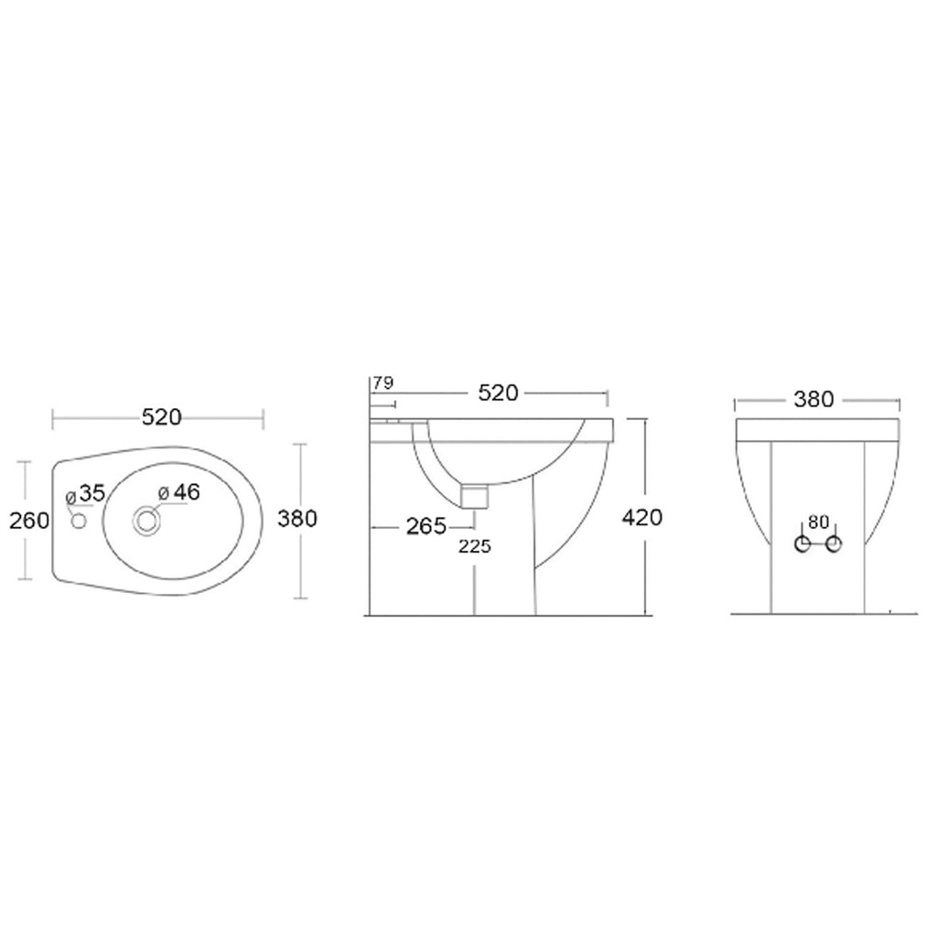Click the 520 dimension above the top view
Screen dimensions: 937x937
tap(161, 417)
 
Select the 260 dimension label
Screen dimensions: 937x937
tap(27, 520)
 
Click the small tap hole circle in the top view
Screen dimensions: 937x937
tap(78, 522)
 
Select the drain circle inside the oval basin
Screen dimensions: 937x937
tap(145, 521)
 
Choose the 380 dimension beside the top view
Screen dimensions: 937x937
tap(296, 518)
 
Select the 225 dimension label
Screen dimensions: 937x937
tap(475, 546)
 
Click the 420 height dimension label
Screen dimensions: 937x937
tap(641, 517)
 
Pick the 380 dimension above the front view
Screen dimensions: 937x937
tap(813, 399)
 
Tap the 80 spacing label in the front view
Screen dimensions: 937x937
tap(818, 522)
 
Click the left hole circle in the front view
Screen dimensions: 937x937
tap(802, 545)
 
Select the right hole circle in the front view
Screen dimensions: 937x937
tap(834, 545)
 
